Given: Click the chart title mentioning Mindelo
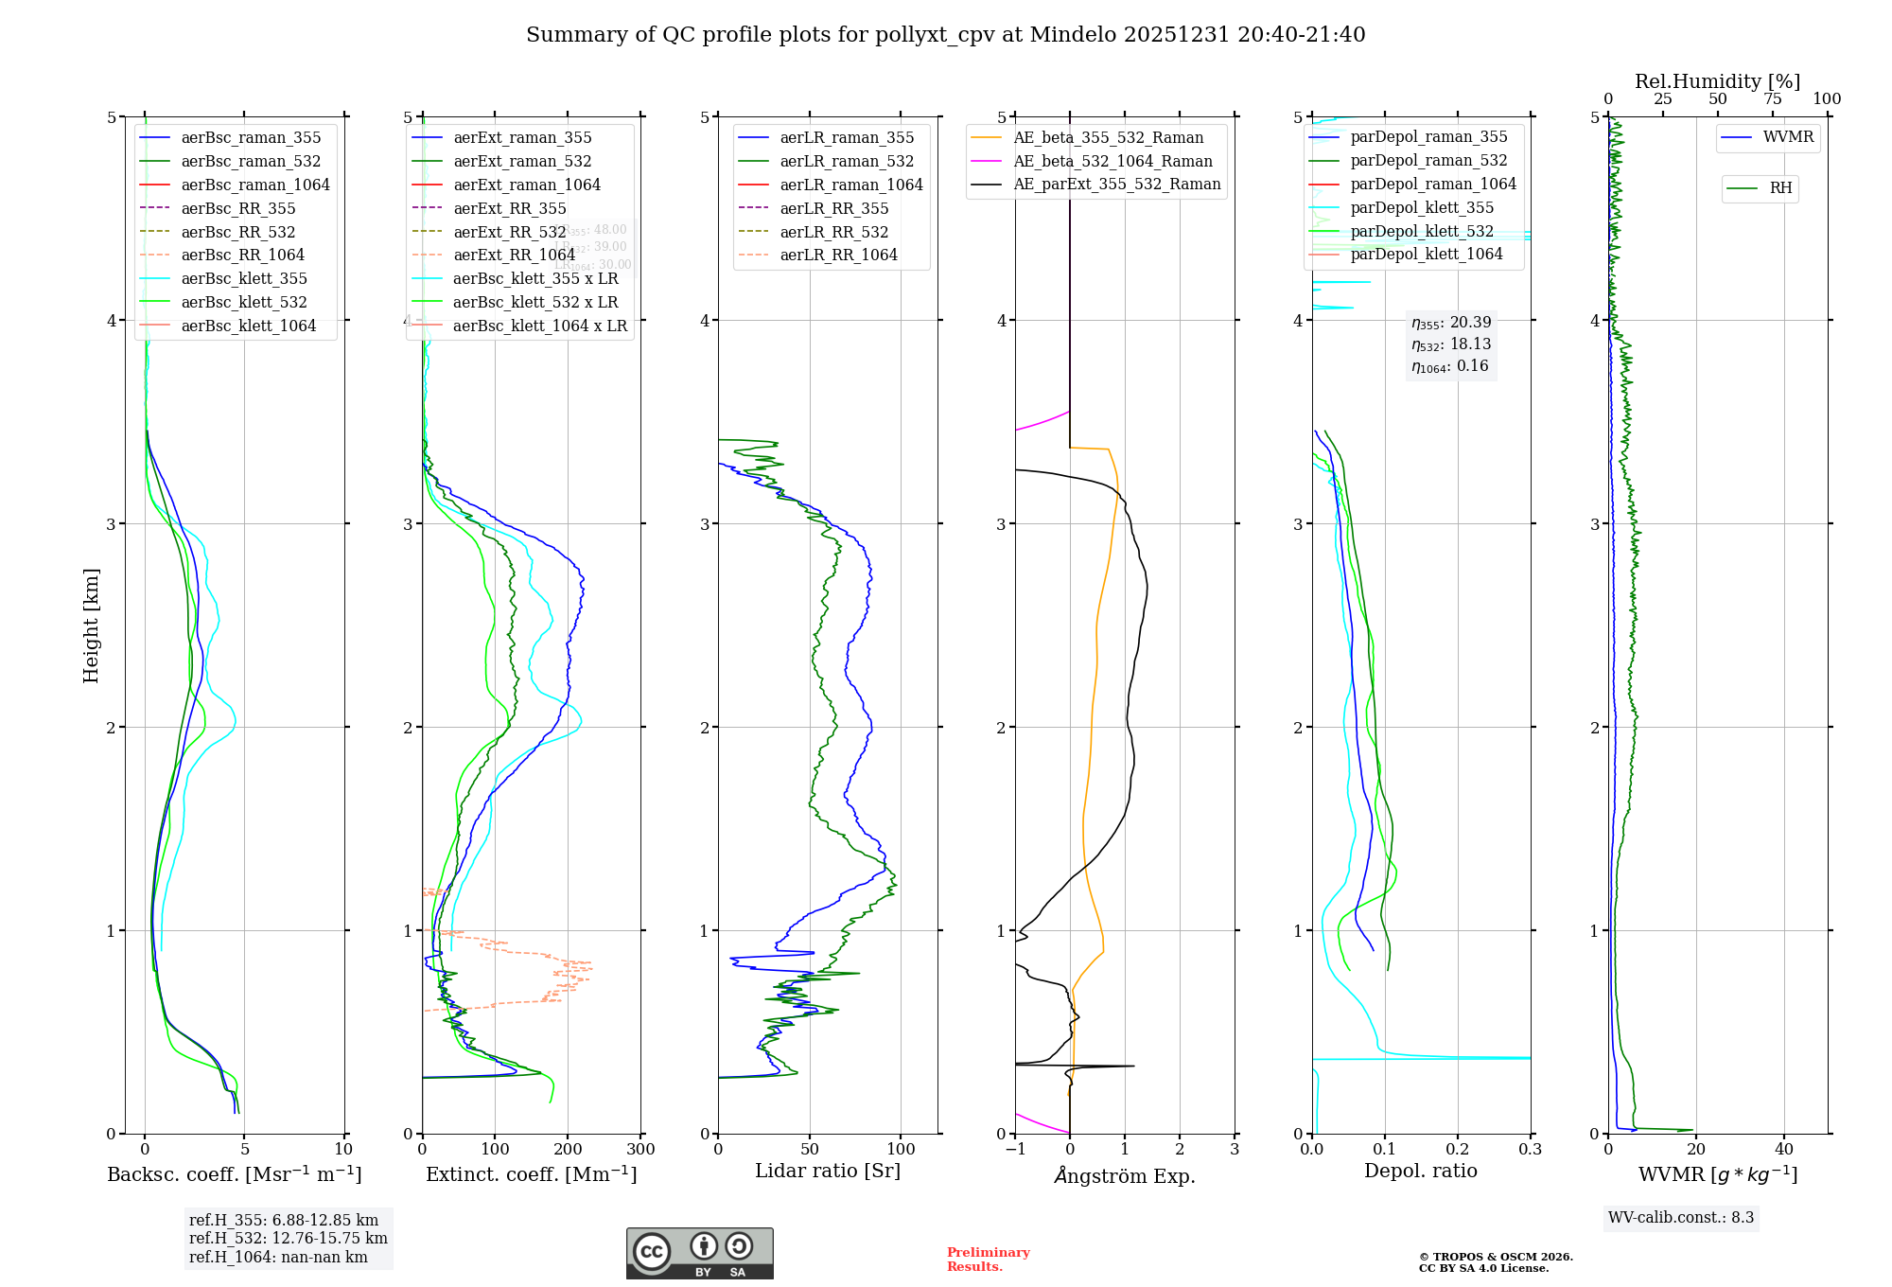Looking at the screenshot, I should pyautogui.click(x=945, y=35).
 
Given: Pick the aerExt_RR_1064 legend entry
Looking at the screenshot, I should pyautogui.click(x=514, y=255).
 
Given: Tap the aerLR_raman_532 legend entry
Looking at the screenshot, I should pyautogui.click(x=847, y=161).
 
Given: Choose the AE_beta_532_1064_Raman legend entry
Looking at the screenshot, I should pyautogui.click(x=1112, y=161).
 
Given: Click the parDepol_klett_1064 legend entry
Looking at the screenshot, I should pyautogui.click(x=1426, y=254).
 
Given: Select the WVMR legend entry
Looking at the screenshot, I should pyautogui.click(x=1788, y=137).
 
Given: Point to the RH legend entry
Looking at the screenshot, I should pyautogui.click(x=1780, y=188).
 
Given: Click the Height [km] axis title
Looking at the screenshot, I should pyautogui.click(x=91, y=625).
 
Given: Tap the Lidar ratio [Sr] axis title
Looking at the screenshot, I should pyautogui.click(x=828, y=1171).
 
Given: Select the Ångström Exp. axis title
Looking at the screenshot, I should pyautogui.click(x=1125, y=1175).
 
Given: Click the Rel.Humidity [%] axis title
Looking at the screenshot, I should pyautogui.click(x=1717, y=81).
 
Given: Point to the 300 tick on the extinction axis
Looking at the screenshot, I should pyautogui.click(x=640, y=1150).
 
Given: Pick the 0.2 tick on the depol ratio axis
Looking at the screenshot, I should pyautogui.click(x=1458, y=1150).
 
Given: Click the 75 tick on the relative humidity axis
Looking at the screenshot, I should pyautogui.click(x=1772, y=99).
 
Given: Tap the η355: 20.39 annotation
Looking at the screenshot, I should pyautogui.click(x=1451, y=323).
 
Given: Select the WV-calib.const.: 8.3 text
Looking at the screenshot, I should pyautogui.click(x=1681, y=1218).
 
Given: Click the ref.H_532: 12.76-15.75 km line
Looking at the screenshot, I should pyautogui.click(x=288, y=1238).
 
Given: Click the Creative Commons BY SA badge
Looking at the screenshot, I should pyautogui.click(x=699, y=1254).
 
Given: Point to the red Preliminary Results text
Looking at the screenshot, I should pyautogui.click(x=988, y=1260).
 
